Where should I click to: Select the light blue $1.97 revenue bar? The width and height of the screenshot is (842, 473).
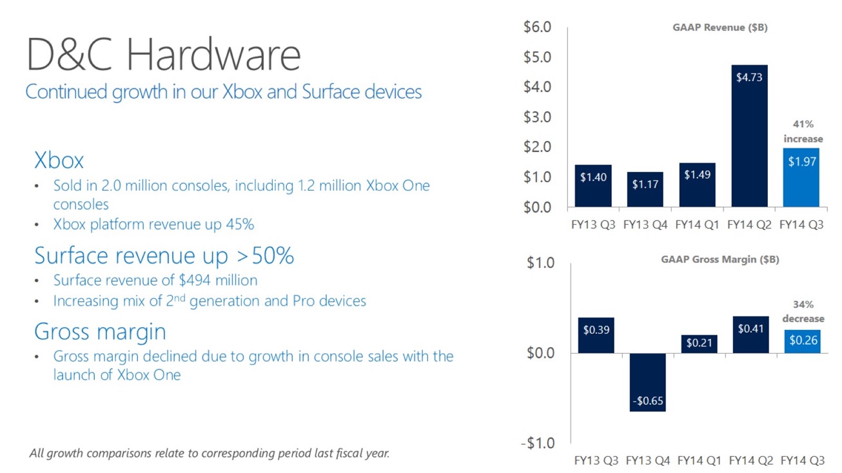click(x=802, y=177)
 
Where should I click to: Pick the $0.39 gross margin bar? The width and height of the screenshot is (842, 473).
click(x=596, y=335)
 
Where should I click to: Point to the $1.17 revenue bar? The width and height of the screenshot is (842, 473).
click(x=645, y=189)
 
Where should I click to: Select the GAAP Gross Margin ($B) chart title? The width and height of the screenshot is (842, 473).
click(x=720, y=260)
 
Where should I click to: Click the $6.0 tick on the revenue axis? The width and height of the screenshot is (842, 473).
click(x=537, y=27)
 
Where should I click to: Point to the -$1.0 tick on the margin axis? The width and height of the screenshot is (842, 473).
click(x=537, y=443)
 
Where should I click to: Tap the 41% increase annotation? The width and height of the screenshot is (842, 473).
click(x=803, y=131)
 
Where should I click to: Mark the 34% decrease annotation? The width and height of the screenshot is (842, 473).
click(x=803, y=311)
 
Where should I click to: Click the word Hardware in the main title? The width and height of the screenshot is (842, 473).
click(x=213, y=55)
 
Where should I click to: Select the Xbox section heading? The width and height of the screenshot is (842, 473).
click(x=59, y=160)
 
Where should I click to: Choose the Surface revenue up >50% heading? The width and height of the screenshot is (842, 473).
click(x=164, y=256)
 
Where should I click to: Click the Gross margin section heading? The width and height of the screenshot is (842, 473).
click(x=100, y=331)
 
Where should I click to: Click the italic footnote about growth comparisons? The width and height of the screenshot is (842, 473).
click(x=210, y=453)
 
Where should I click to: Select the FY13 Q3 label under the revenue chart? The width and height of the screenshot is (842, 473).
click(x=594, y=225)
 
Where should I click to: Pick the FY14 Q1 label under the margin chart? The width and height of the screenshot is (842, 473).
click(x=700, y=461)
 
